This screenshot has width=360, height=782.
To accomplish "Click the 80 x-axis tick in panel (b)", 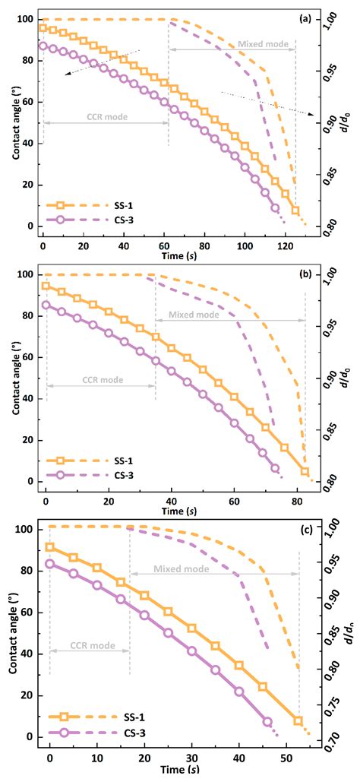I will pyautogui.click(x=296, y=490).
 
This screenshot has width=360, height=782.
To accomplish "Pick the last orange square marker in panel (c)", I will pyautogui.click(x=298, y=720).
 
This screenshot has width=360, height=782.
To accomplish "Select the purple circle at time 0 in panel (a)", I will pyautogui.click(x=43, y=46).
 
